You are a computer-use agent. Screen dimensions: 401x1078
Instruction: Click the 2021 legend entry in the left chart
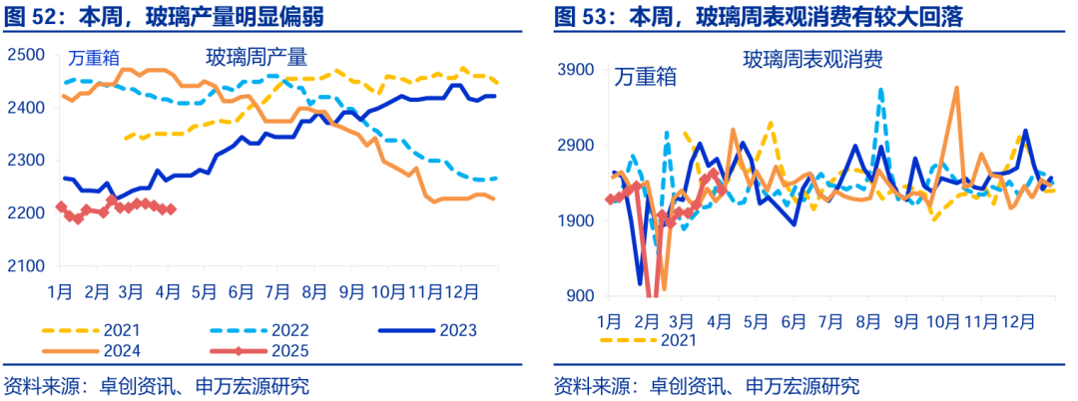[91, 329]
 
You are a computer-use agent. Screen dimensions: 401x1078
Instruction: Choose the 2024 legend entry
[91, 350]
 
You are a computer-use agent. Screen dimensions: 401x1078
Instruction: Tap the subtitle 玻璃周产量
[256, 57]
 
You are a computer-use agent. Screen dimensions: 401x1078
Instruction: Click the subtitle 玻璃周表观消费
[811, 60]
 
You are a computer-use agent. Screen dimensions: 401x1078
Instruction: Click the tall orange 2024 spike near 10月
[956, 89]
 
